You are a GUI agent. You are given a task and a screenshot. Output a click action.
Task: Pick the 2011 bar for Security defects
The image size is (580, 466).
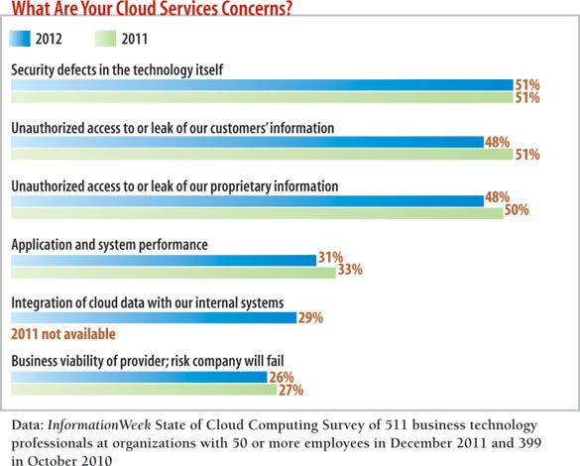point(261,98)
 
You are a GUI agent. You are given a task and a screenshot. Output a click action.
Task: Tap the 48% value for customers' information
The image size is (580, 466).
point(498,143)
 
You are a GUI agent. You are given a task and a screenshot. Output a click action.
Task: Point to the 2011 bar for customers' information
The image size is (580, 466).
point(261,155)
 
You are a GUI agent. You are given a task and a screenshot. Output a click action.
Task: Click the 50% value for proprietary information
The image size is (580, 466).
point(518,211)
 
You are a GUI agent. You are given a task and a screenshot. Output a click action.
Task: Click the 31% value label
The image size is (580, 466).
point(330,259)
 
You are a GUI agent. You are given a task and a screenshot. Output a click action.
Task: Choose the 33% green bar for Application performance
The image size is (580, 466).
point(173,271)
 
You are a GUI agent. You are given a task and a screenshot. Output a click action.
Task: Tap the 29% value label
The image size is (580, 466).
point(310,317)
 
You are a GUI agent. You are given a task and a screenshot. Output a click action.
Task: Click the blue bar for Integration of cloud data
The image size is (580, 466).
point(153,317)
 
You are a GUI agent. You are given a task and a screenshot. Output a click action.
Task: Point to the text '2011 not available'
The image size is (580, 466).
point(63,335)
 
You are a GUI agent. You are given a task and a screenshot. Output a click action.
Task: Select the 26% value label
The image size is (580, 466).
point(282,378)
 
